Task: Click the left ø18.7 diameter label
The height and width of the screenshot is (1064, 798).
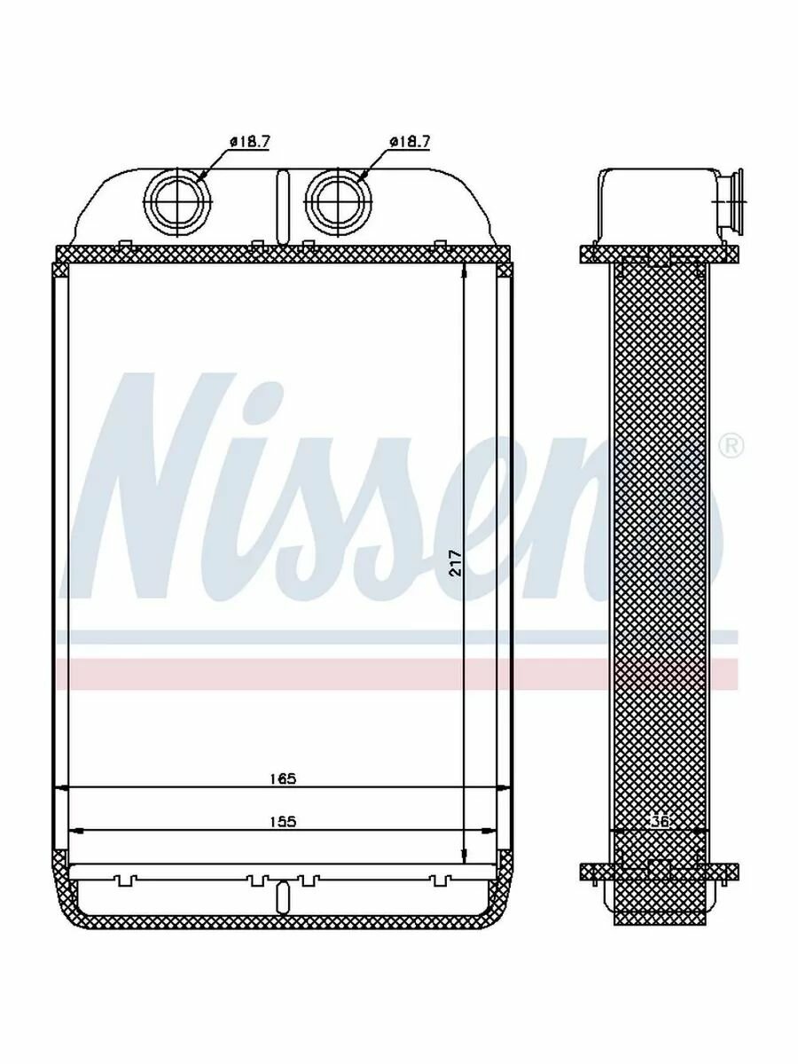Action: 249,142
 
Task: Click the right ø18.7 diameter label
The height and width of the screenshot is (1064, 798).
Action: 410,142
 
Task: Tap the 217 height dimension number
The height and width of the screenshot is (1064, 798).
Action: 456,562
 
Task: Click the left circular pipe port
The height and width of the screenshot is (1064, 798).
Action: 179,200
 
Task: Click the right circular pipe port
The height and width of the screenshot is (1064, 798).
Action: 338,200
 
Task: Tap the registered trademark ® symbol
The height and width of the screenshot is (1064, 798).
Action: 732,447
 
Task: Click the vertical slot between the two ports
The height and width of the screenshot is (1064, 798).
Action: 283,207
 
